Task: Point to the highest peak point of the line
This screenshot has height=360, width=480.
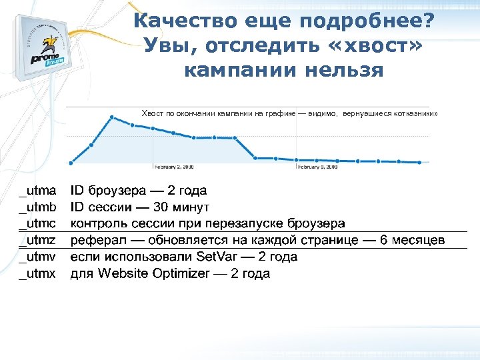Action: [112, 118]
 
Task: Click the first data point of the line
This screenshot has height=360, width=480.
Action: [71, 162]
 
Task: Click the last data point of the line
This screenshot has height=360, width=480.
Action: [419, 162]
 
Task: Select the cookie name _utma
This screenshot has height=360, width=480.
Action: [37, 191]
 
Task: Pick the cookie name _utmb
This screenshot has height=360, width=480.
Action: [37, 207]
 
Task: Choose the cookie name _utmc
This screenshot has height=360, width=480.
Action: [37, 223]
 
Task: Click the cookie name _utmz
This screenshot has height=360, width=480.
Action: [37, 240]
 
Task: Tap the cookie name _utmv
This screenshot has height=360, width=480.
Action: [37, 257]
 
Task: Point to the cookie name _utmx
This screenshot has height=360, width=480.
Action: [37, 273]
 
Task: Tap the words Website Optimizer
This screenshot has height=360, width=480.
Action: [153, 273]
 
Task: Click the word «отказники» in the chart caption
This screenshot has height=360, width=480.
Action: [416, 114]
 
